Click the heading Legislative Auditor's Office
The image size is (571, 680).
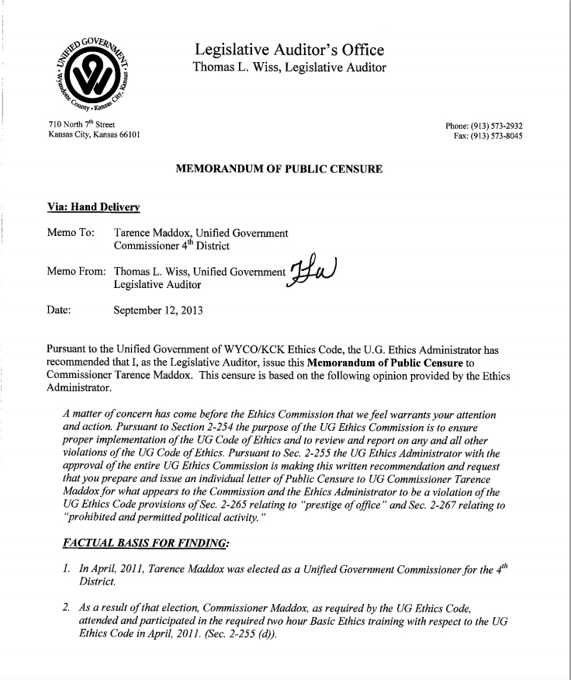click(x=289, y=50)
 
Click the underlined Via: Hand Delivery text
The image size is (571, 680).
click(x=93, y=206)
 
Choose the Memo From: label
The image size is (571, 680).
click(x=77, y=272)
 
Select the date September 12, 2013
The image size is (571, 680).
click(x=158, y=311)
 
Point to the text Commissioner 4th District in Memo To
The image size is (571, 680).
click(x=178, y=247)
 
